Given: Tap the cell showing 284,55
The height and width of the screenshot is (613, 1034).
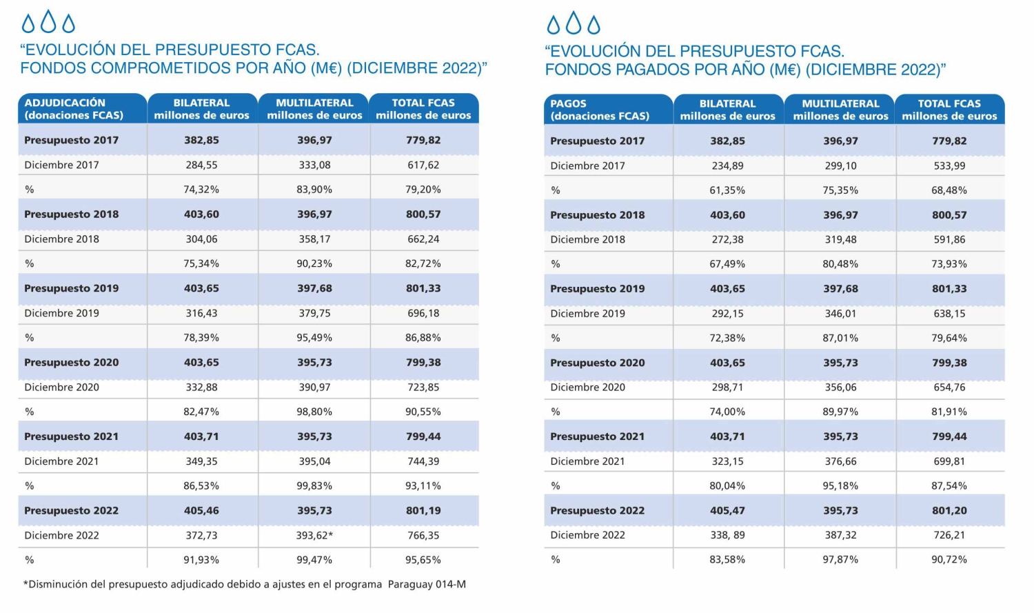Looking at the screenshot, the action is click(x=201, y=165).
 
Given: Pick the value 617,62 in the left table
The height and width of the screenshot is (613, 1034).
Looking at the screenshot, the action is click(x=423, y=165).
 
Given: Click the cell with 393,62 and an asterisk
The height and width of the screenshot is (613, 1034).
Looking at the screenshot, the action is click(x=314, y=536).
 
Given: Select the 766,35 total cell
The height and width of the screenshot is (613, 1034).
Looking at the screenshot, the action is click(x=423, y=536).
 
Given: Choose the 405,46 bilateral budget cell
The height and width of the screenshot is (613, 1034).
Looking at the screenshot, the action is click(x=201, y=510).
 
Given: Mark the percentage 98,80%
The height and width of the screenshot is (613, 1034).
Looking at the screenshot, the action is click(x=314, y=412).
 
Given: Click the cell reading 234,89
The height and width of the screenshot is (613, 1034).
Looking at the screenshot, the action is click(x=727, y=165).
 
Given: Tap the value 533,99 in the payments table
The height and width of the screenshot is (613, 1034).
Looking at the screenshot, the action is click(x=949, y=165).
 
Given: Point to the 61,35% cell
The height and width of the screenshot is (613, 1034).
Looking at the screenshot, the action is click(x=727, y=190).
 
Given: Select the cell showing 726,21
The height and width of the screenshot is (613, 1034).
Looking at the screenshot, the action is click(x=949, y=535).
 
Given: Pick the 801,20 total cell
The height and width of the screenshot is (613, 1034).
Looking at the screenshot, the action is click(x=949, y=510).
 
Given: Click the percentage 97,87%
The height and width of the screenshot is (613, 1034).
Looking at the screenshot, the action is click(x=840, y=559).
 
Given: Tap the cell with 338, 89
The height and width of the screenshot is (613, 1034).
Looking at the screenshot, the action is click(x=727, y=535).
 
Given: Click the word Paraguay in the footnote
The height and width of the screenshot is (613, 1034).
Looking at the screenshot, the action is click(x=405, y=584).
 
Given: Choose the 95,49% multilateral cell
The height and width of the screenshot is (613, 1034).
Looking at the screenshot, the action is click(x=314, y=338).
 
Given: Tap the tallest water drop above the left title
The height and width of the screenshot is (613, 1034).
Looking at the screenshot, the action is click(x=48, y=21).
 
